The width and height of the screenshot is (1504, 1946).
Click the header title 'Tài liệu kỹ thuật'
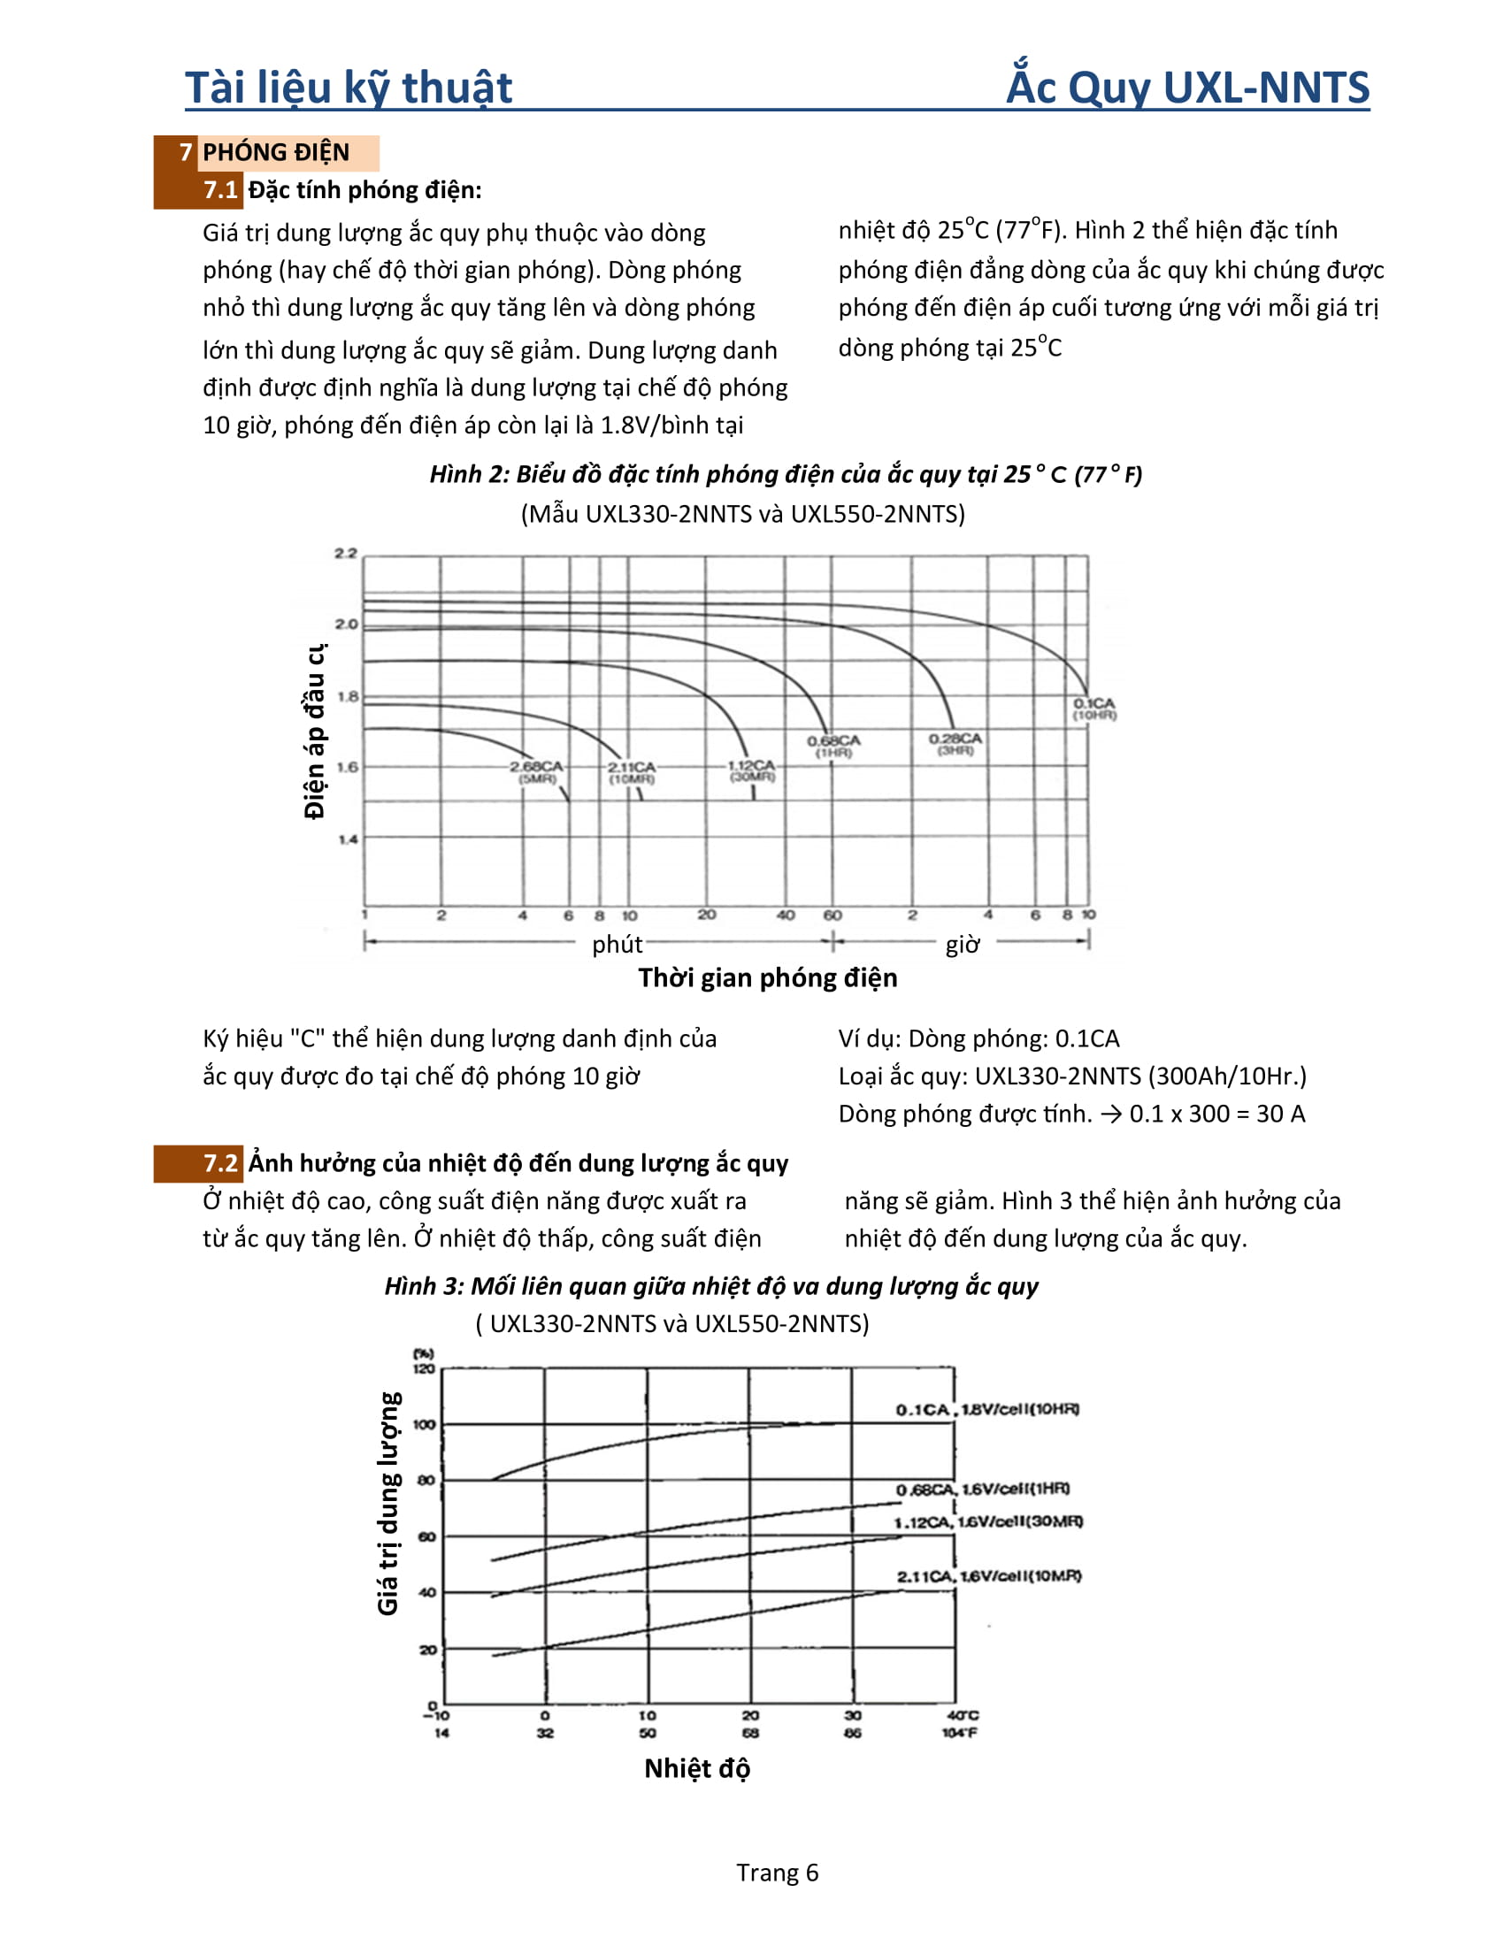[x=349, y=88]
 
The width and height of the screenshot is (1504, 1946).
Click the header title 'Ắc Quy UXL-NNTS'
[x=1186, y=88]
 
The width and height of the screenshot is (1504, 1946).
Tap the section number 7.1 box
[x=220, y=190]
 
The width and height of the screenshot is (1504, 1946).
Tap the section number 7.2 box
[x=220, y=1163]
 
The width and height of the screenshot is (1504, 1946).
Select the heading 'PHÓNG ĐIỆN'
[x=275, y=152]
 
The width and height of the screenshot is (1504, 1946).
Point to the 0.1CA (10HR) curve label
[x=1094, y=709]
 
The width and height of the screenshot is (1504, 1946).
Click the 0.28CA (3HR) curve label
[x=955, y=744]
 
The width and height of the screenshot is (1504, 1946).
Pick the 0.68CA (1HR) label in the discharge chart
[x=834, y=747]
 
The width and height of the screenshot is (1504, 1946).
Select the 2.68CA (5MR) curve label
[x=536, y=772]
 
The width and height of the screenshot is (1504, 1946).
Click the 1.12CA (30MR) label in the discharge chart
[x=752, y=770]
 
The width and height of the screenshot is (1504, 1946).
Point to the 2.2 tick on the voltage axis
[x=346, y=554]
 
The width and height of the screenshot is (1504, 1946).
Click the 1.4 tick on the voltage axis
[x=348, y=839]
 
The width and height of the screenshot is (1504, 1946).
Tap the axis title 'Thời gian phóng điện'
[x=767, y=977]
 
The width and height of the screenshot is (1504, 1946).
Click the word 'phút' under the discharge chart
[x=617, y=944]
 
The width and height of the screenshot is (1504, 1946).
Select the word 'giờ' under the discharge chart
[x=963, y=944]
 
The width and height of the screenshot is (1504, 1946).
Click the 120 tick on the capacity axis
[x=424, y=1368]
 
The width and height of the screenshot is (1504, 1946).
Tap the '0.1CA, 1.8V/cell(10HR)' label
[x=987, y=1409]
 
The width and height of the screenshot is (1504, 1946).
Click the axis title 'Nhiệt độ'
[x=697, y=1768]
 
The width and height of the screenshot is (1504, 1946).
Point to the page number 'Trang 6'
[x=777, y=1872]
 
